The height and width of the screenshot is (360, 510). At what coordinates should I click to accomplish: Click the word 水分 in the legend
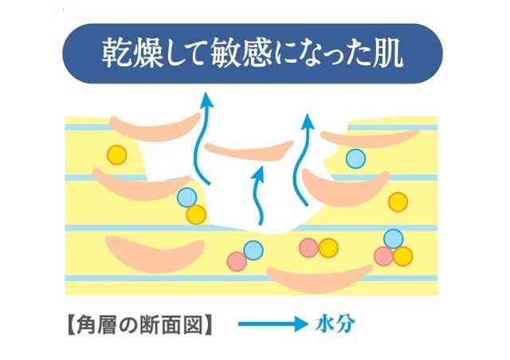pos(335,324)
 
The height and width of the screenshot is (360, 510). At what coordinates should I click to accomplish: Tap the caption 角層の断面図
pos(140,324)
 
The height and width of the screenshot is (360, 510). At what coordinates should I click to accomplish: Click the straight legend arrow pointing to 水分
pos(273,324)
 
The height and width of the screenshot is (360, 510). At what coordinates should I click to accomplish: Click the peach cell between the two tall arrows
pos(249,151)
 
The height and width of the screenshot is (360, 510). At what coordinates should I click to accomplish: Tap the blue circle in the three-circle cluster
pos(393,239)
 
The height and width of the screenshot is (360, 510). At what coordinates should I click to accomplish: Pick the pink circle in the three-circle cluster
pos(384,256)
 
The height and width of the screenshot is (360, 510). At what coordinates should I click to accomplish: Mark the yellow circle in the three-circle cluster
pos(402,256)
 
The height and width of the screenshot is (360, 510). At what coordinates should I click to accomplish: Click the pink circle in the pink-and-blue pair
pos(237,261)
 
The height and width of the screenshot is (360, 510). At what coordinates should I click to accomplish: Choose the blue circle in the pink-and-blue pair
pos(253,250)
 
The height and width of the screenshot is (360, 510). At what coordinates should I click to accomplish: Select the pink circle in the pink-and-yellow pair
pos(308,248)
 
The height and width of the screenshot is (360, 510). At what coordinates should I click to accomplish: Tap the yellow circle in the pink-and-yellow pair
pos(328,248)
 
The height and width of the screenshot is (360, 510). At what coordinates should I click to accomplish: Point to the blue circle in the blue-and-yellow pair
pos(187,198)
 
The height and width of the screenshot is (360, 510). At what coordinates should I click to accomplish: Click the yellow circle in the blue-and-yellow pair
pos(196,214)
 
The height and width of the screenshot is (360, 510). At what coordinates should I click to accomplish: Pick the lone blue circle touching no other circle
pos(356,158)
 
